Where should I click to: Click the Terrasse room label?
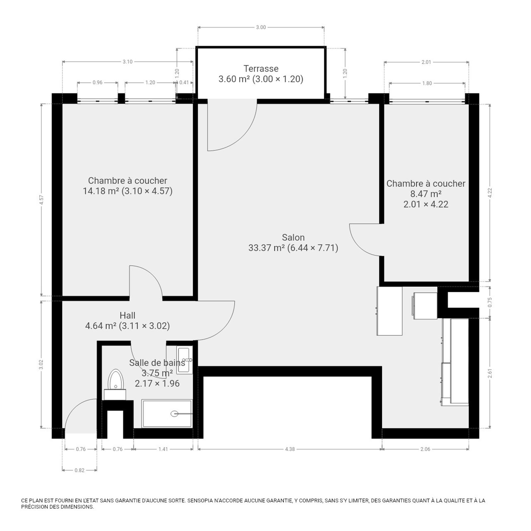[x=261, y=69]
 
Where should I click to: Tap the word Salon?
[x=293, y=238]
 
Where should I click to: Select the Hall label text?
[x=127, y=315]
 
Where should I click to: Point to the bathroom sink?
[x=184, y=360]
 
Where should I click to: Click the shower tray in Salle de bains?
[x=167, y=414]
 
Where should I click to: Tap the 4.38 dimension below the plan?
[x=290, y=449]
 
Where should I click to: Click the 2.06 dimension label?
[x=425, y=449]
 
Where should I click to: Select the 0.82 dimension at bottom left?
[x=80, y=470]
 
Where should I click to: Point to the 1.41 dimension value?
[x=163, y=449]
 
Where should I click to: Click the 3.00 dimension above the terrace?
[x=261, y=27]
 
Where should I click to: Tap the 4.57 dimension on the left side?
[x=41, y=200]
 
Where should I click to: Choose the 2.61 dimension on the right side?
[x=490, y=373]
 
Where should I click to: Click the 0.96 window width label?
[x=98, y=82]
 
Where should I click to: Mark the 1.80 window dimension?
[x=427, y=83]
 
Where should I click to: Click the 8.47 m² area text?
[x=426, y=194]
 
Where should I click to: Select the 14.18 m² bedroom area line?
[x=127, y=191]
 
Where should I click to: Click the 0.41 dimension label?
[x=184, y=82]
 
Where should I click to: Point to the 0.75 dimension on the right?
[x=490, y=302]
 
